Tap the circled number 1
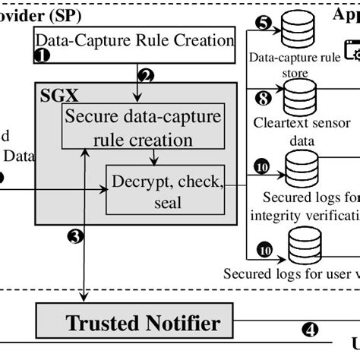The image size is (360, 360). pos(43,55)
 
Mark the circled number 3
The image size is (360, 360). pos(75,236)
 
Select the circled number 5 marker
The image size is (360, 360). pos(263,21)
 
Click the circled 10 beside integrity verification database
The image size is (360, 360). pos(263,166)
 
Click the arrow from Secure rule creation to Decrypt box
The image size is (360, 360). pos(155,156)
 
